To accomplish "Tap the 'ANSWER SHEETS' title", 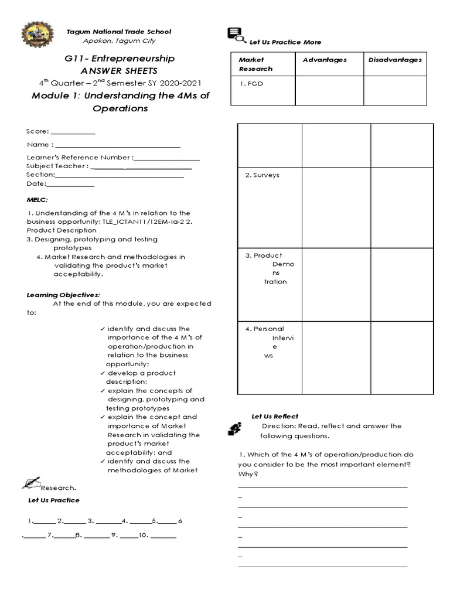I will (x=119, y=70).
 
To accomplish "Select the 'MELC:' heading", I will (x=36, y=199).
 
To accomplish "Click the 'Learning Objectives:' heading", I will (x=63, y=294).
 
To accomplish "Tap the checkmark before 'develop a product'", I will (x=103, y=373).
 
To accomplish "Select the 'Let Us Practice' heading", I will (x=54, y=500).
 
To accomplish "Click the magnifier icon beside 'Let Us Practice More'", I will (x=236, y=36).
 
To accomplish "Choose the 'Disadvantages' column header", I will (x=395, y=60).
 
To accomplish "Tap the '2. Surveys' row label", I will (x=262, y=175).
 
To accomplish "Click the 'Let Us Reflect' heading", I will (x=275, y=416).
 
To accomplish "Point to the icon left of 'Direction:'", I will (x=234, y=429).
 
